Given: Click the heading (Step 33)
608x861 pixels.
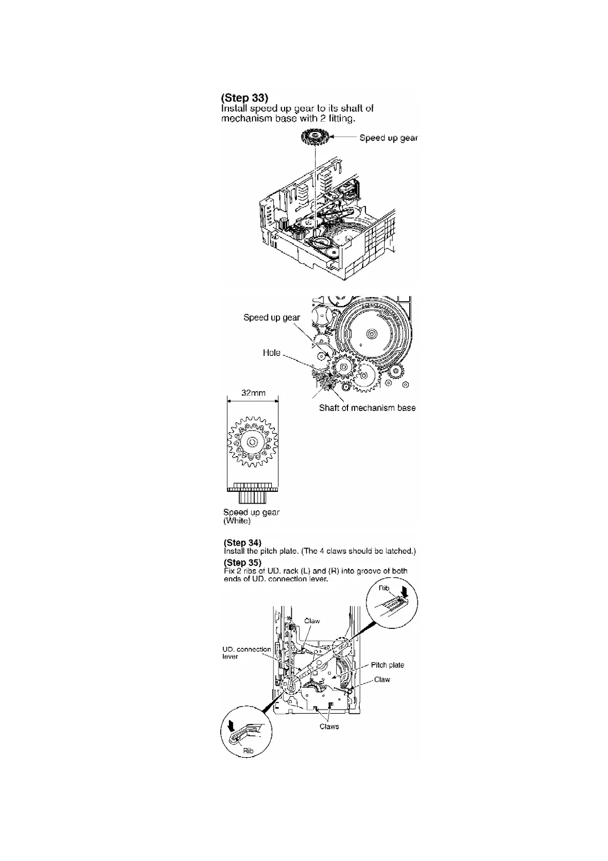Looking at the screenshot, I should (245, 98).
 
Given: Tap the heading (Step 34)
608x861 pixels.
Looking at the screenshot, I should (243, 542).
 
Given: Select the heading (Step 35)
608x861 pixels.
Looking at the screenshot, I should (243, 563).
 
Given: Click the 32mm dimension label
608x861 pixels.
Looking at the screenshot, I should (253, 393).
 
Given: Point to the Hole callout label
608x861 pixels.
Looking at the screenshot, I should (271, 353).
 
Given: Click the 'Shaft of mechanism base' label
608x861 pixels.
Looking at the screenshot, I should (367, 407).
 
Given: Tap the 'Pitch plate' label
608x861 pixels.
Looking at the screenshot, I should (387, 665).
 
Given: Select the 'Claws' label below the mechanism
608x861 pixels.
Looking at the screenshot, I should (329, 727).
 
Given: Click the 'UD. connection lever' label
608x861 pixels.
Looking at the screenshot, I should (246, 653).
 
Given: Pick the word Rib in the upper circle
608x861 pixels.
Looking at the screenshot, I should (384, 588).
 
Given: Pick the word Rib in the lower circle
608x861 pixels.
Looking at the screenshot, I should (248, 751).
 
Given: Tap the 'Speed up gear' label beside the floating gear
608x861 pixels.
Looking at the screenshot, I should (388, 138).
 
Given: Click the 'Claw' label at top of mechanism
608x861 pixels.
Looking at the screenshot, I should (312, 621).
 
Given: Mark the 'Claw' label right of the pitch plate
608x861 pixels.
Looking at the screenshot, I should (382, 679).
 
